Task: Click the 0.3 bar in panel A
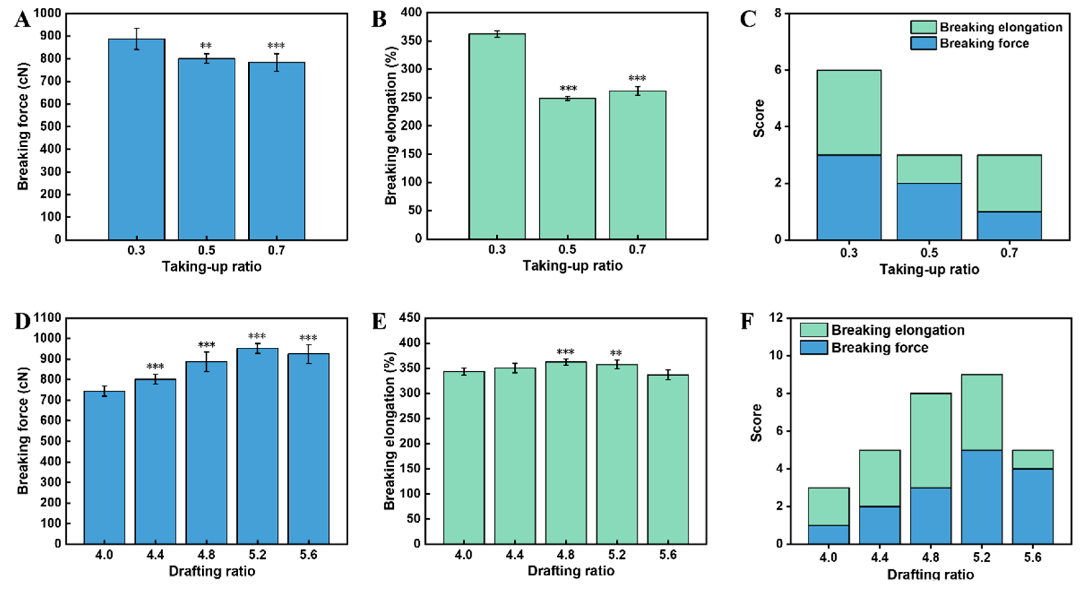tap(136, 139)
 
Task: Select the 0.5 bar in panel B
tap(567, 168)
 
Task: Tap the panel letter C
tap(748, 19)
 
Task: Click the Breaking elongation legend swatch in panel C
tap(923, 27)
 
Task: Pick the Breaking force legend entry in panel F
tap(880, 348)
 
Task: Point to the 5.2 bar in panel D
tap(257, 446)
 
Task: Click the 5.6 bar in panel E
tap(668, 459)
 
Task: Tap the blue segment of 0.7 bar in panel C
tap(1009, 226)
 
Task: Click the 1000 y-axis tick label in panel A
tap(47, 13)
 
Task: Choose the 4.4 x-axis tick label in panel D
tap(155, 555)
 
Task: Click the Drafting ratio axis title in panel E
tap(571, 571)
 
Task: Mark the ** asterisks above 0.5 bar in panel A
tap(206, 45)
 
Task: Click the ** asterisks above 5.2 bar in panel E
tap(616, 353)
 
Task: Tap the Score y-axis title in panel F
tap(756, 423)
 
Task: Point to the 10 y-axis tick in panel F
tap(777, 356)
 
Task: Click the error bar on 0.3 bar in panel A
tap(136, 39)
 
